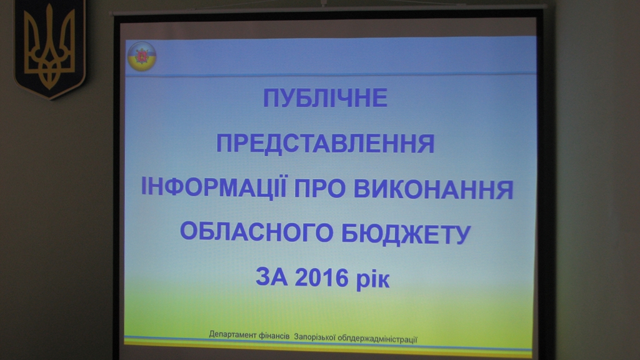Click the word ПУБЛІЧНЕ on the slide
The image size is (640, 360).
click(325, 98)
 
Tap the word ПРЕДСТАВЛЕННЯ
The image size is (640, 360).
click(325, 144)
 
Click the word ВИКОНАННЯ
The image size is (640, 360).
click(434, 189)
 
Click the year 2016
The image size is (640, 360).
click(322, 278)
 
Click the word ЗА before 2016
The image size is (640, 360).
click(271, 277)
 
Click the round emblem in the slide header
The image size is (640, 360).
click(142, 56)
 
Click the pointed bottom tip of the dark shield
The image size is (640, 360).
click(50, 99)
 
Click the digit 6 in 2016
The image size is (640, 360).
click(342, 278)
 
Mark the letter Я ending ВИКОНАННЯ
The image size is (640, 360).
click(505, 190)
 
